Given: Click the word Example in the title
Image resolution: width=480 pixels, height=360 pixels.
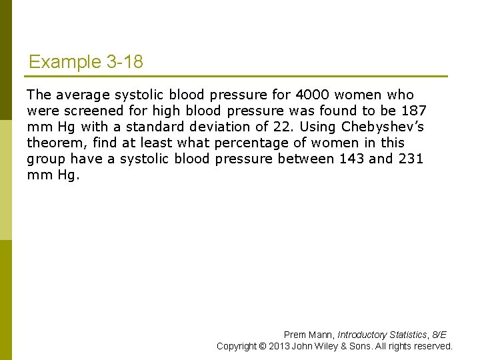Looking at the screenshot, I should (65, 63).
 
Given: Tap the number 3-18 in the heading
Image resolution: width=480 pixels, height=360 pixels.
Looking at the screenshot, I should (125, 63).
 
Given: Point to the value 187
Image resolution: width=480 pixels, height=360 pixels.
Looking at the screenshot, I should (413, 111).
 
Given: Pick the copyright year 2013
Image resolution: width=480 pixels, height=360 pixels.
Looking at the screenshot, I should (279, 346).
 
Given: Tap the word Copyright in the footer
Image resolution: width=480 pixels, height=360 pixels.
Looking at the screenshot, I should (237, 346).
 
